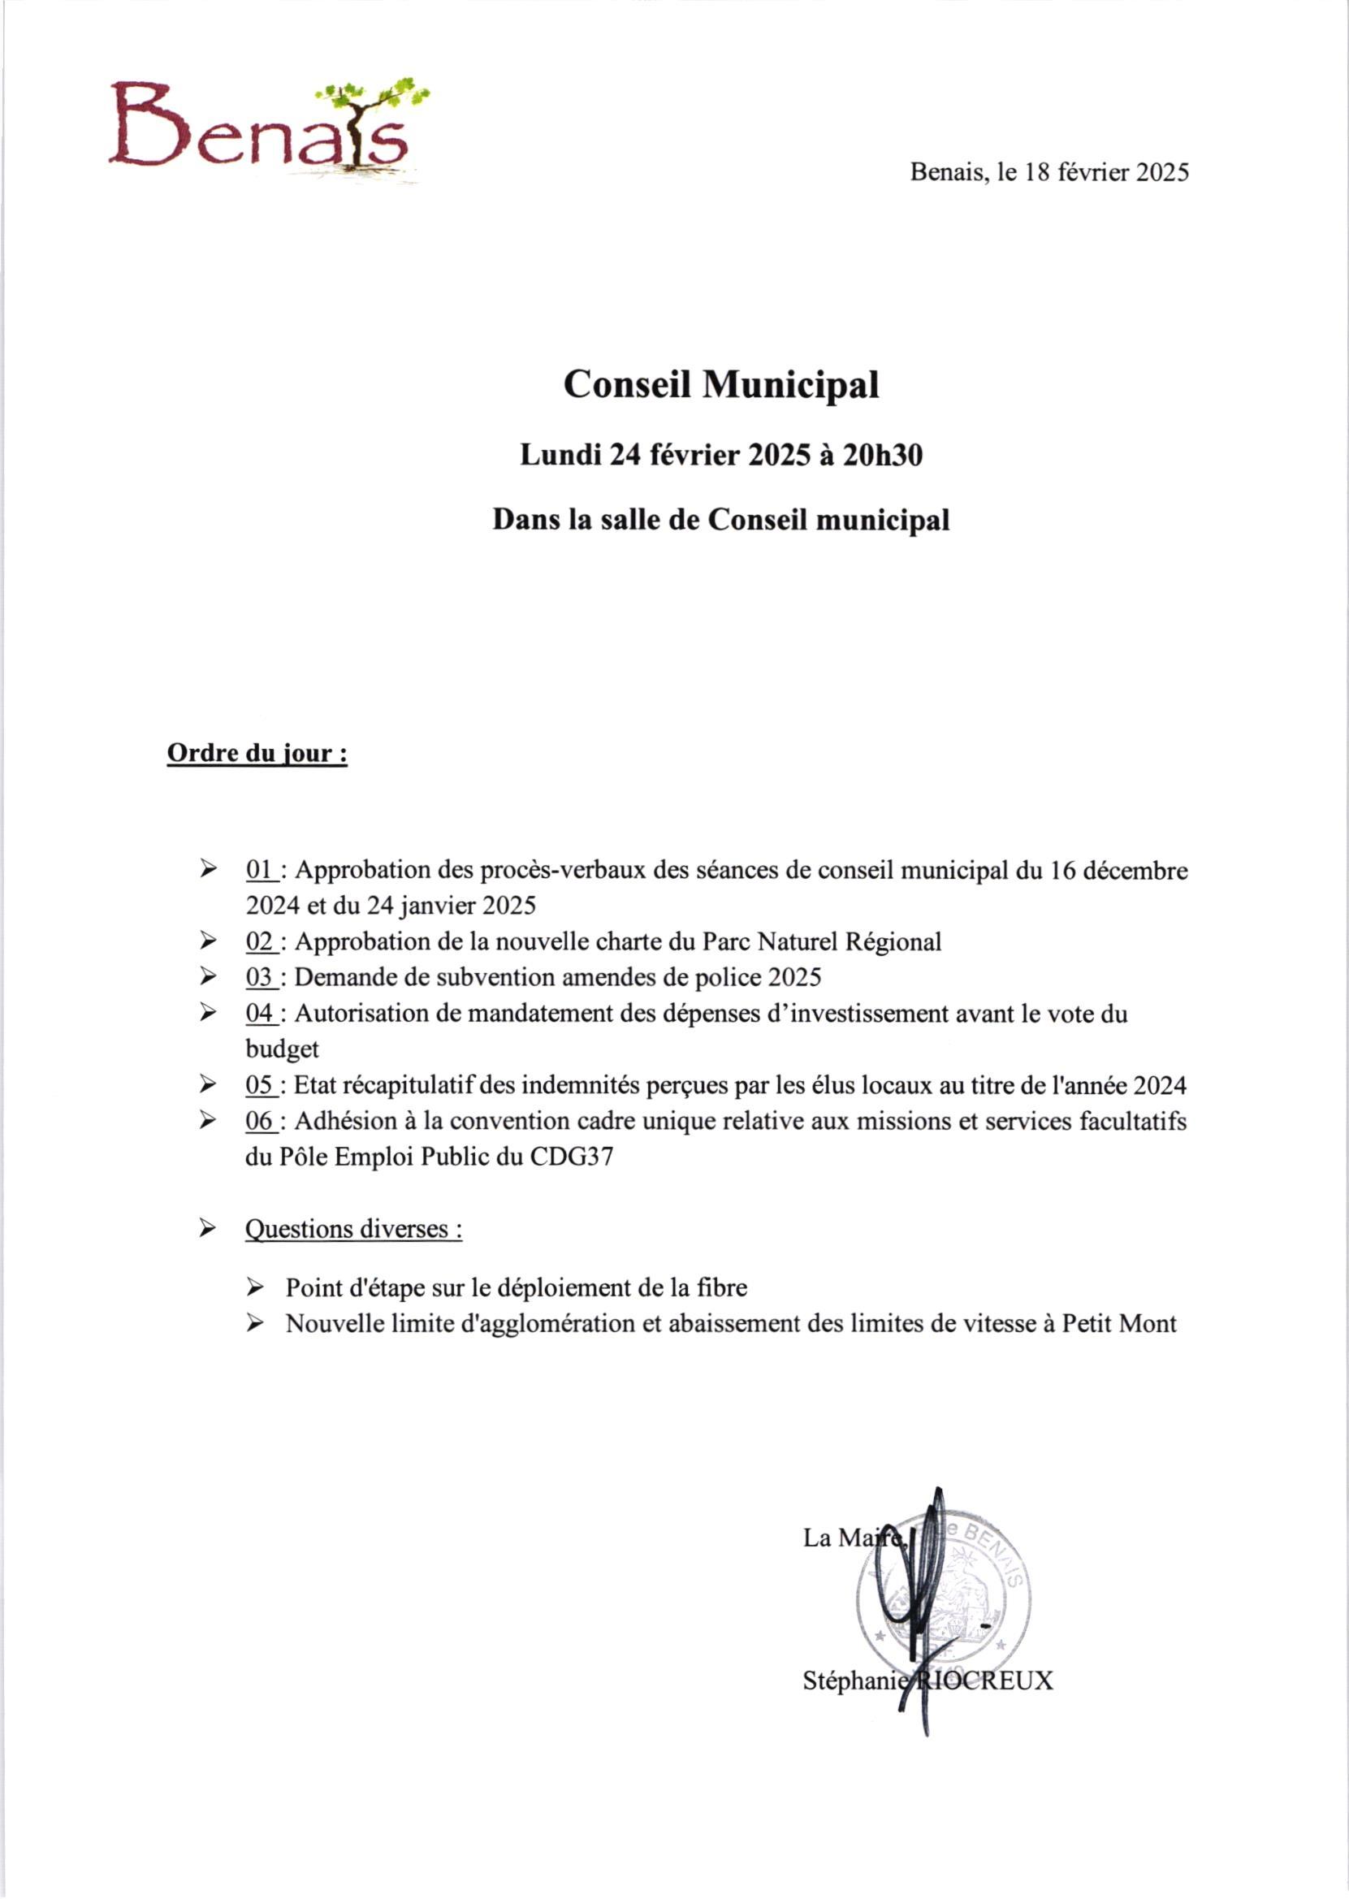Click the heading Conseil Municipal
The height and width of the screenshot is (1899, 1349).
pos(721,385)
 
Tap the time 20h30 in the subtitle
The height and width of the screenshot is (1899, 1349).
pos(882,456)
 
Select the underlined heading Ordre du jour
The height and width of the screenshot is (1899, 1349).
pos(257,755)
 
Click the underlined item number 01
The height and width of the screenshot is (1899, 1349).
pos(260,871)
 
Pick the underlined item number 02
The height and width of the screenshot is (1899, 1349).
pos(260,942)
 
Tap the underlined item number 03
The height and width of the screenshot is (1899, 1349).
pos(260,977)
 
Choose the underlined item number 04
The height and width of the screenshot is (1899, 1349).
pos(260,1014)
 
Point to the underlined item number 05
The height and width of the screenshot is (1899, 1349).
pos(260,1085)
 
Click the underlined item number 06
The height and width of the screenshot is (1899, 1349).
pos(260,1122)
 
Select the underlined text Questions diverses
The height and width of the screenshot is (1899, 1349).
pos(353,1229)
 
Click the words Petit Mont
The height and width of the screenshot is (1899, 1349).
pos(1119,1323)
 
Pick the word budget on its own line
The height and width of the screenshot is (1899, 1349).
pos(282,1049)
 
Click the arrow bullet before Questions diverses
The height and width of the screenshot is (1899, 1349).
pos(208,1228)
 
